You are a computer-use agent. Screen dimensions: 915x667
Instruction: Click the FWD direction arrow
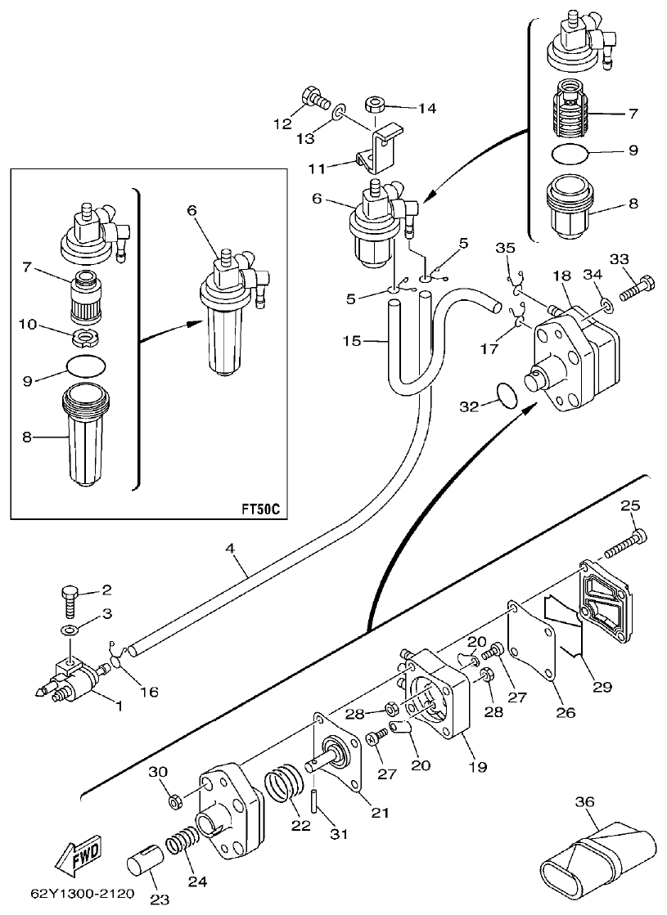pyautogui.click(x=77, y=856)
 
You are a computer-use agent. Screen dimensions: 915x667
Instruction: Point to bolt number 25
pyautogui.click(x=625, y=544)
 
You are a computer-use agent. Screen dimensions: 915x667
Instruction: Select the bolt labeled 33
pyautogui.click(x=638, y=287)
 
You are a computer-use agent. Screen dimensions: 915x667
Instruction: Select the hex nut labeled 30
pyautogui.click(x=174, y=797)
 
